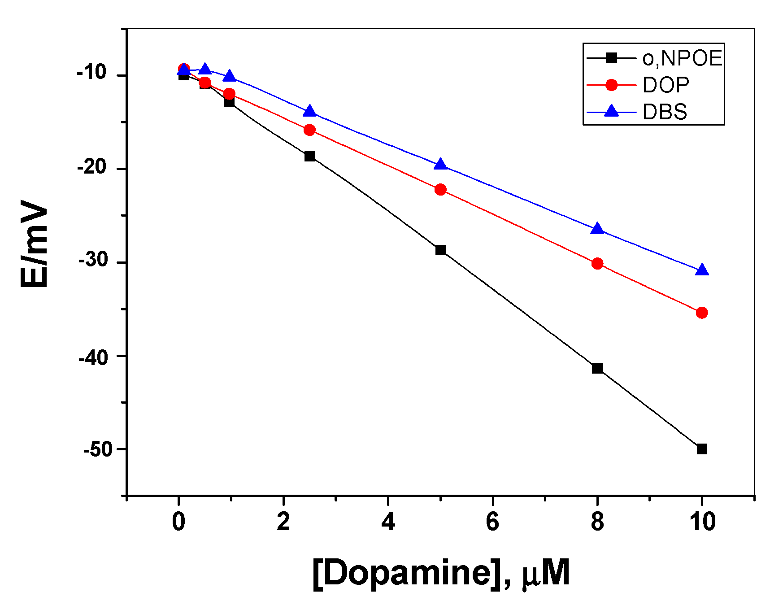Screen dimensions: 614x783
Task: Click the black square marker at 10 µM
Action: coord(702,449)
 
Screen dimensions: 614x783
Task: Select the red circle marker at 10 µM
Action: coord(702,313)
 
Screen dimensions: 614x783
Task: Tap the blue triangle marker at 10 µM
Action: coord(702,270)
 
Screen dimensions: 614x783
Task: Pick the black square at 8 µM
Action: coord(597,368)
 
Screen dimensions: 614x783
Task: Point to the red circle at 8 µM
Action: coord(597,263)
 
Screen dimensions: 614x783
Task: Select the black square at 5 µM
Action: coord(440,250)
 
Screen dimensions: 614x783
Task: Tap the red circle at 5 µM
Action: coord(440,189)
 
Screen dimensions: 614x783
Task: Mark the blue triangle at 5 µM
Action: coord(440,165)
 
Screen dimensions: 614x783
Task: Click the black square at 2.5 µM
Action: coord(309,156)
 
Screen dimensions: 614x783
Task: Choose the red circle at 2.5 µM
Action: coord(309,130)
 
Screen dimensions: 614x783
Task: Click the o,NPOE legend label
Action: coord(682,58)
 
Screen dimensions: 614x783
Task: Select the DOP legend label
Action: coord(666,85)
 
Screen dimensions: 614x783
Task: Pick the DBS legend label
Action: coord(665,112)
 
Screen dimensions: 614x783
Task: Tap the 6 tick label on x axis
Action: coord(492,522)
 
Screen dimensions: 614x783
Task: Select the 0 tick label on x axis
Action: coord(178,522)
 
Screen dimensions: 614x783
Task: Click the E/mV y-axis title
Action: coord(35,244)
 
